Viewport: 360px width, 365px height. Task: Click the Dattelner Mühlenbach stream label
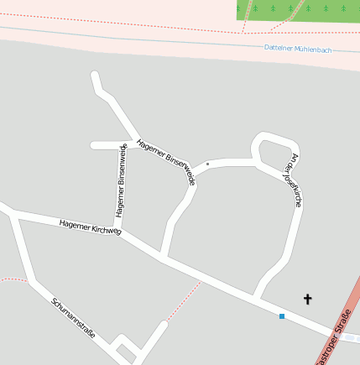297,49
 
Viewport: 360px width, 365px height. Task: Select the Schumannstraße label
73,319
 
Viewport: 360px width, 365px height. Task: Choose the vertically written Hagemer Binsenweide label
122,180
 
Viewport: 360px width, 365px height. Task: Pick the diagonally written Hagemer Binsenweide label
166,160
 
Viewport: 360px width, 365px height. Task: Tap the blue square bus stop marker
282,315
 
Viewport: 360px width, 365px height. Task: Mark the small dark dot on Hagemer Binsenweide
207,164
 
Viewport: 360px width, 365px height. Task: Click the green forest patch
297,10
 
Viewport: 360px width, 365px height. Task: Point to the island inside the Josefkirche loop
270,152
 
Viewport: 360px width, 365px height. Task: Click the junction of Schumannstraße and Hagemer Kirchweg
12,213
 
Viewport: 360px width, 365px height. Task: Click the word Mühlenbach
312,50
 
